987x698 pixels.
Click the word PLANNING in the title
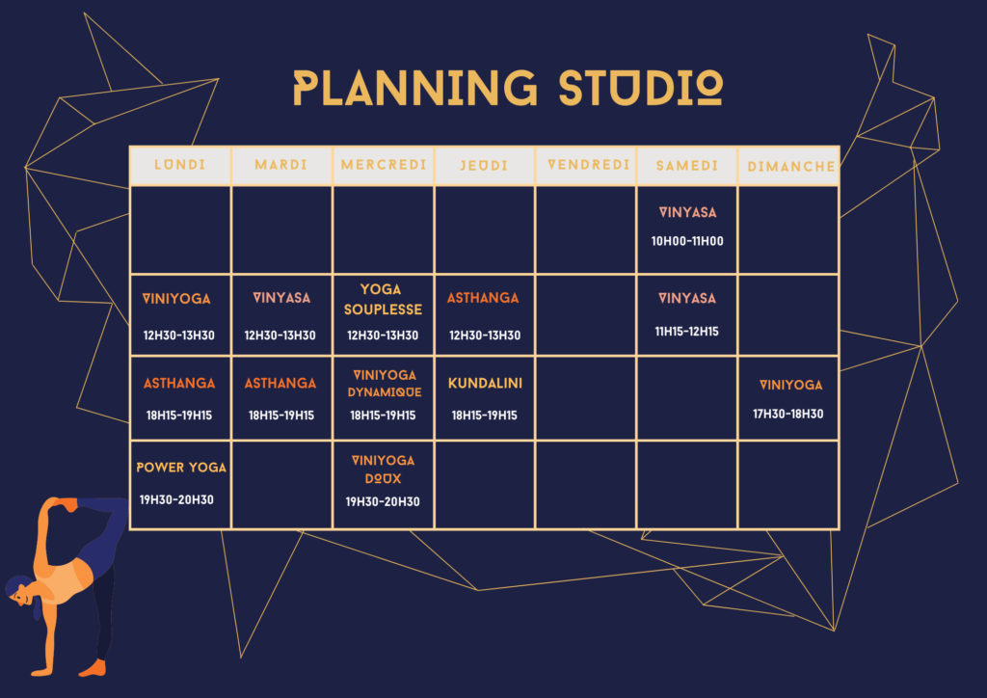point(415,88)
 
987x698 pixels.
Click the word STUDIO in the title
point(641,88)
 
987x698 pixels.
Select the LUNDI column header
point(180,165)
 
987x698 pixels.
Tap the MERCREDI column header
point(384,165)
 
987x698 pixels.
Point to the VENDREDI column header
point(589,165)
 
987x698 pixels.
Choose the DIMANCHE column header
point(791,167)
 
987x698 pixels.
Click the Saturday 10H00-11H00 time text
point(687,241)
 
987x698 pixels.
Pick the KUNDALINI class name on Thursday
point(486,384)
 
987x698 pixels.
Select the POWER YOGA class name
point(181,468)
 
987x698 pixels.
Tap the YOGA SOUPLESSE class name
point(383,300)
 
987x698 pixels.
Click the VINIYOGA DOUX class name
point(383,470)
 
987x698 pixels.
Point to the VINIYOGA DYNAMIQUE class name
point(384,384)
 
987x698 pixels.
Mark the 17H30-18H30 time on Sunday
point(788,415)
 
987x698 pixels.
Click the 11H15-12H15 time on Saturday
point(686,332)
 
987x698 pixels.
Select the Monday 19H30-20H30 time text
point(176,499)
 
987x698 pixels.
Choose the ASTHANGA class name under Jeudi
point(483,298)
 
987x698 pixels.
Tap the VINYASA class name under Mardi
point(281,298)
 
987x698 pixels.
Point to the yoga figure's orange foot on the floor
point(93,668)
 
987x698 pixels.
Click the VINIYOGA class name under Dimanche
point(790,386)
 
